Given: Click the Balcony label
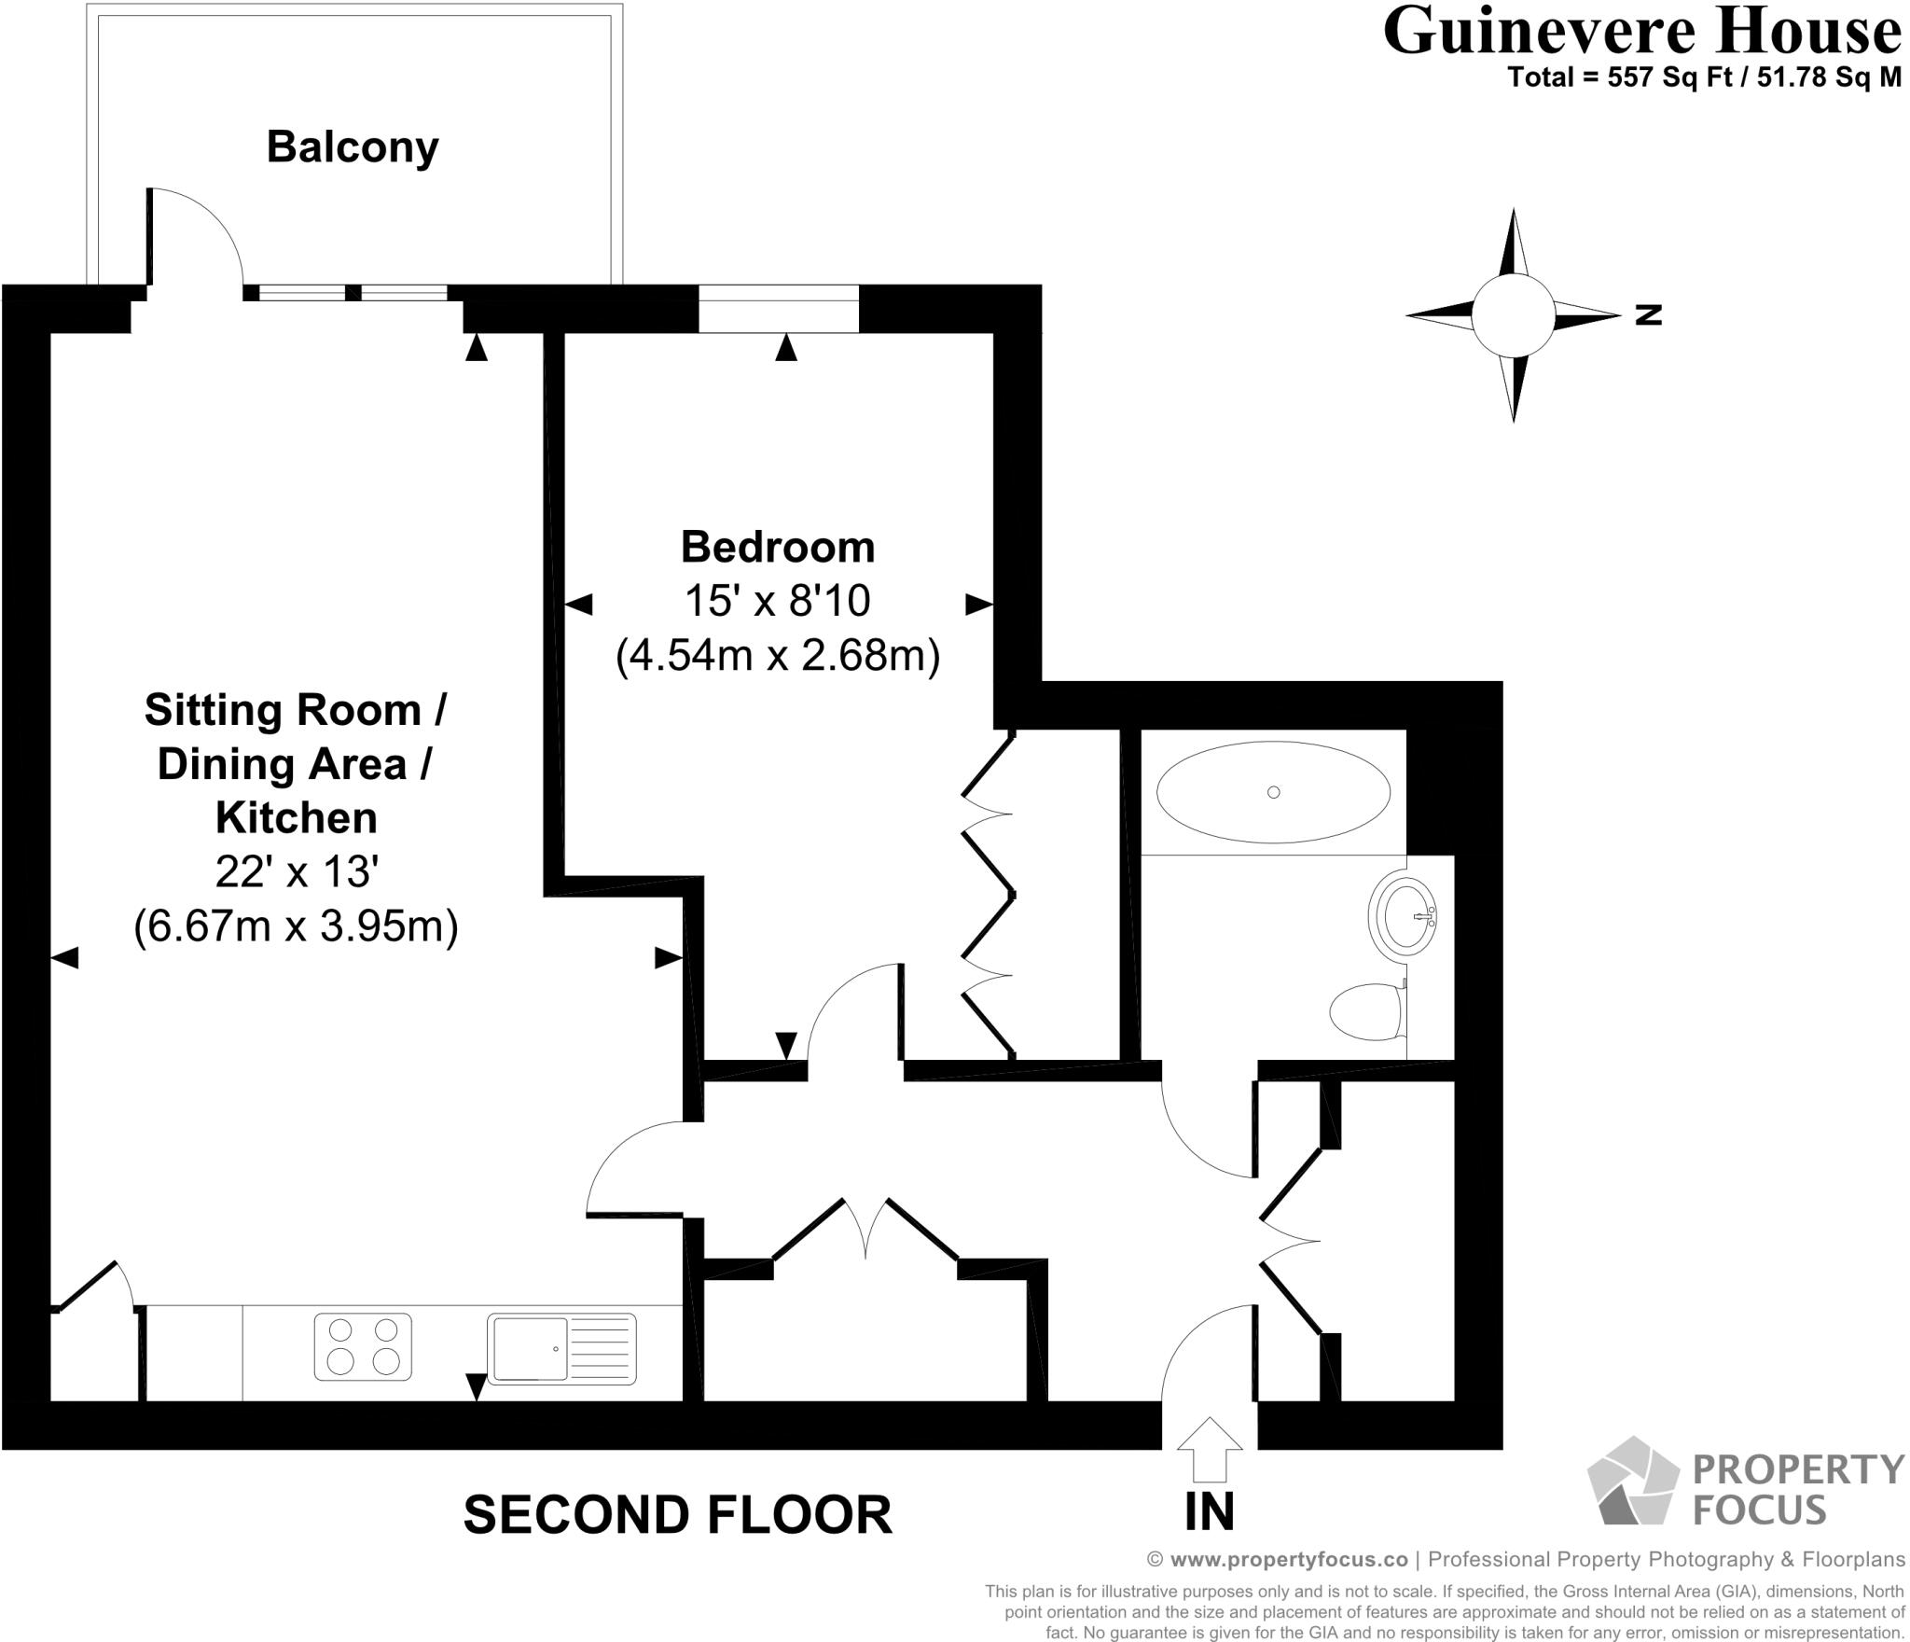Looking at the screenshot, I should [352, 147].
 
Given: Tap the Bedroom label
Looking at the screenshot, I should [777, 547].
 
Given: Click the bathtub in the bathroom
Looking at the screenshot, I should [1273, 792].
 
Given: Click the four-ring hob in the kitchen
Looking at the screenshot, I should [363, 1347].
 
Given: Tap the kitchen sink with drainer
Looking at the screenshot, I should [561, 1348].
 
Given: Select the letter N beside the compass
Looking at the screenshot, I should [1648, 315].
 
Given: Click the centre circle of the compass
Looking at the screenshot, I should [1513, 315].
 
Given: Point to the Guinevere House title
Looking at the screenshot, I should [1641, 32].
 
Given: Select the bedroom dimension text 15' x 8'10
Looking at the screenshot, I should [777, 601].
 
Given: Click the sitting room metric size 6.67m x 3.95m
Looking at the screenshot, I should [296, 926].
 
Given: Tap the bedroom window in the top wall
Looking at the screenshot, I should [778, 308].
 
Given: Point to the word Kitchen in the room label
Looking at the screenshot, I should [296, 817].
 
